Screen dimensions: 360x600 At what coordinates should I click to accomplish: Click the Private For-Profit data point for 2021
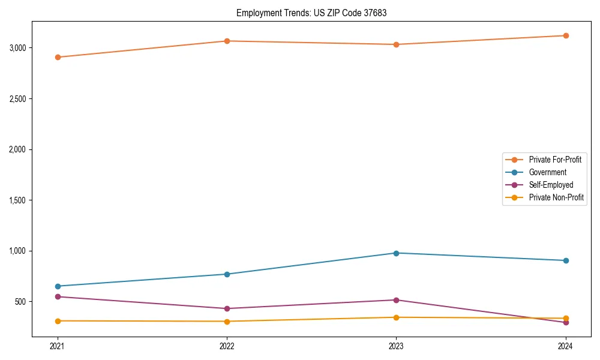coord(58,57)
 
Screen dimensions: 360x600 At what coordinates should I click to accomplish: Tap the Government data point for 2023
coord(396,253)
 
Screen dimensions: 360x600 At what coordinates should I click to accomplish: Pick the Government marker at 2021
coord(58,286)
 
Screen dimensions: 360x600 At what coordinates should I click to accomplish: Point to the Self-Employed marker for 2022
coord(227,308)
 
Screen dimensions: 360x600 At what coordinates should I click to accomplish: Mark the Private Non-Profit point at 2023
coord(396,317)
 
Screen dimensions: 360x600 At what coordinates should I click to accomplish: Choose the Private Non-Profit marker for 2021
coord(58,321)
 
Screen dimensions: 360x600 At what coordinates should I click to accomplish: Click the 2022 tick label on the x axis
coord(227,346)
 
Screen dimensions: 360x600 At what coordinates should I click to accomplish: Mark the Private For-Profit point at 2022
coord(227,41)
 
